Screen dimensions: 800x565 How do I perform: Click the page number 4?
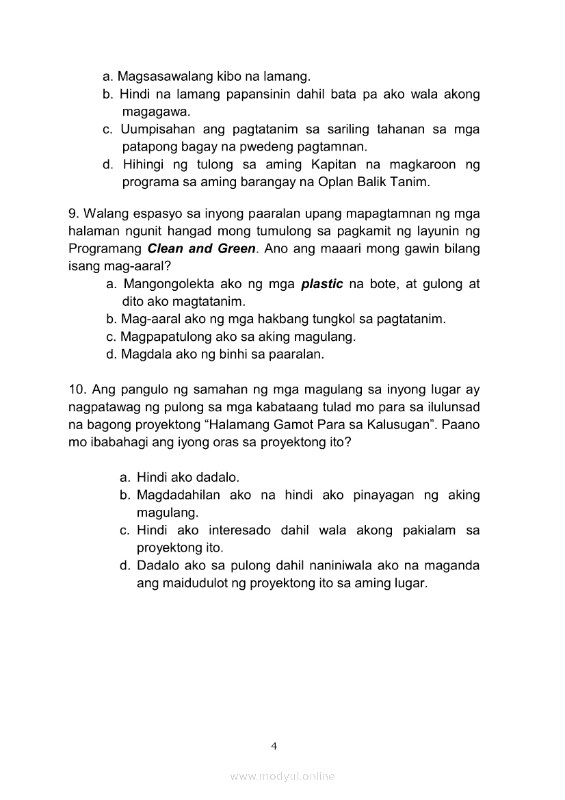[x=274, y=746]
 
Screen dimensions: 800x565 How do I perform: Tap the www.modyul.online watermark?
[x=282, y=776]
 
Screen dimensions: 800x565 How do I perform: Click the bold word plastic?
[x=322, y=283]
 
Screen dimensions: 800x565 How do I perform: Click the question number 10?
[x=77, y=390]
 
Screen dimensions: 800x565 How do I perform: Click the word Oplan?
[x=349, y=182]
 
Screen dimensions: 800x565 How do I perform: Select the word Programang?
[x=105, y=248]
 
